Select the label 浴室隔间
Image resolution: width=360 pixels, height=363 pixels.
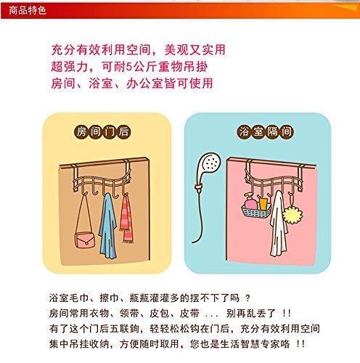tap(258, 132)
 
